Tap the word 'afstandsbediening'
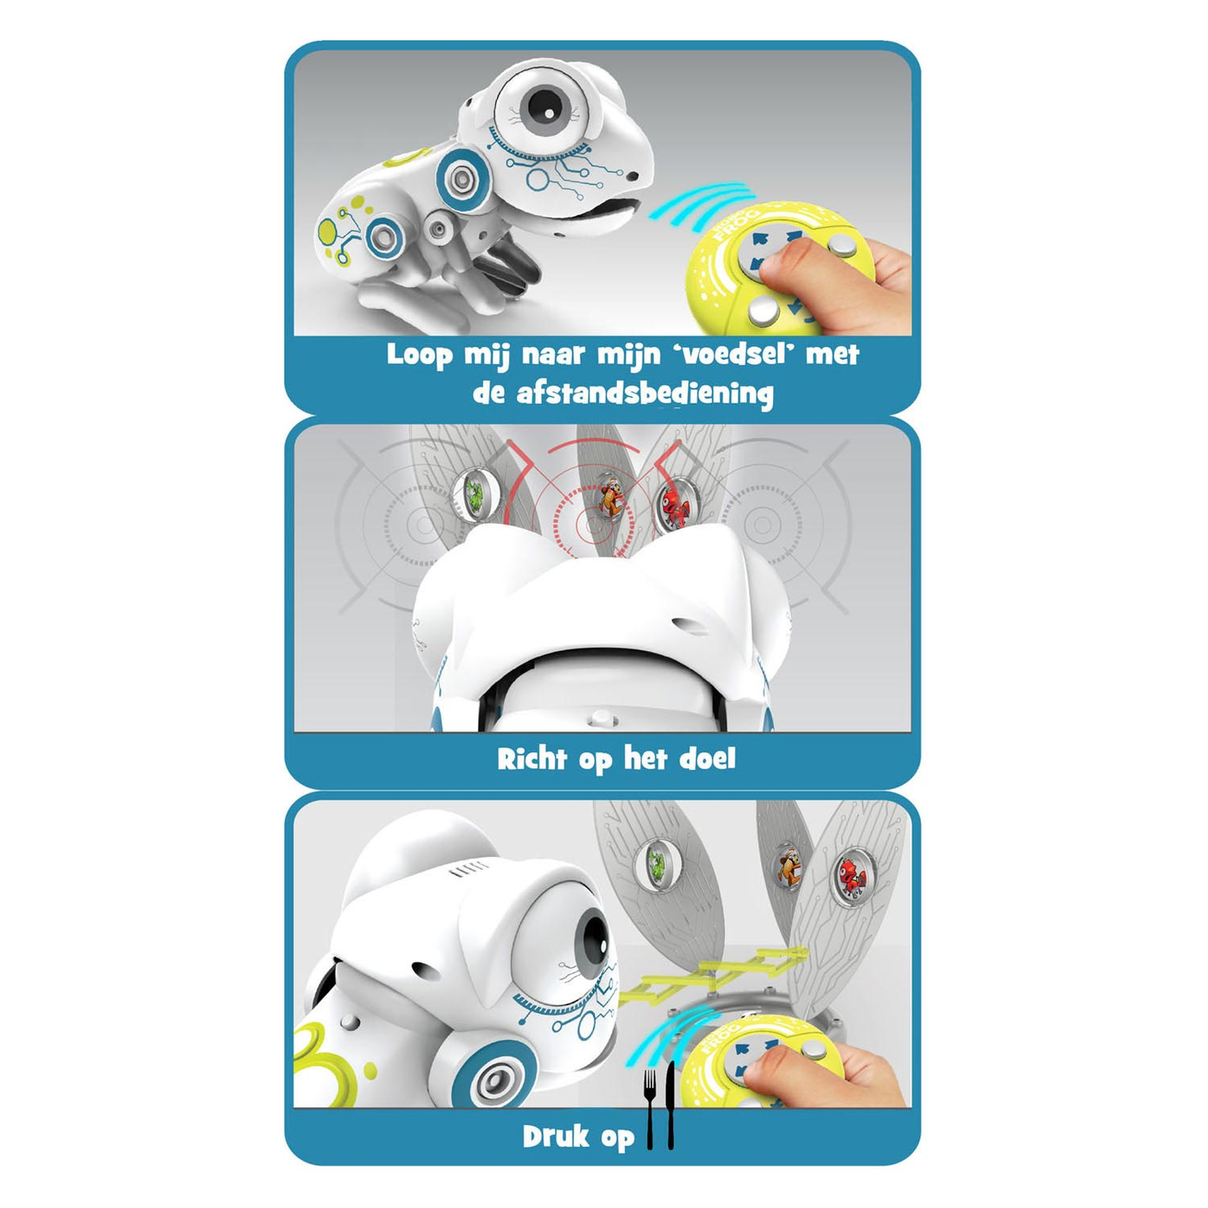(x=645, y=394)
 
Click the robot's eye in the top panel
(x=543, y=103)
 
